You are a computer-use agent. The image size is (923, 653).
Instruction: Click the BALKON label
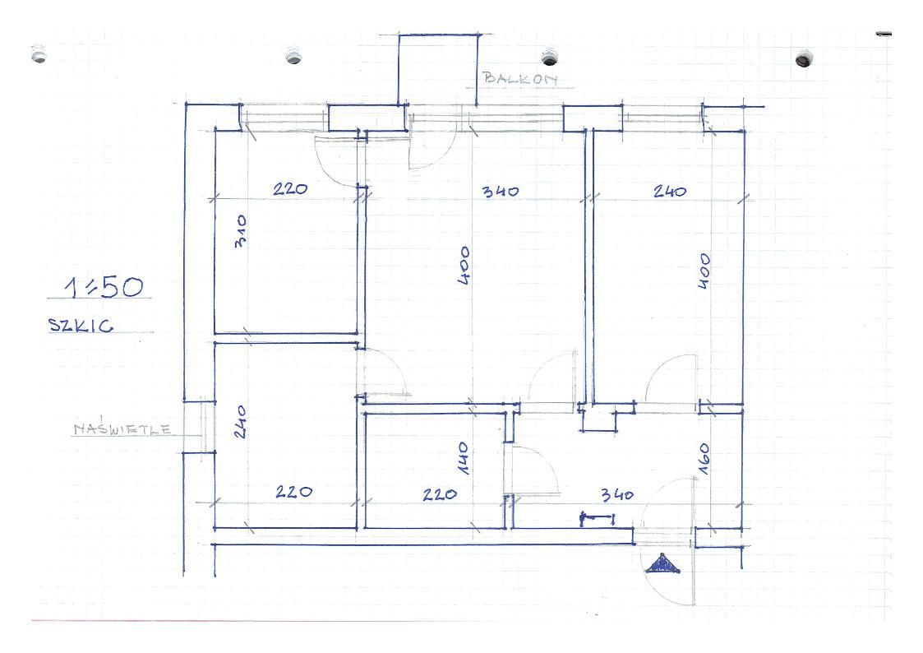tap(519, 79)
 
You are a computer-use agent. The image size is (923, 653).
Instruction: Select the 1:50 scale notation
tap(104, 287)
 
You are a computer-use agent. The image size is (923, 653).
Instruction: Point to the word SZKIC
tap(81, 326)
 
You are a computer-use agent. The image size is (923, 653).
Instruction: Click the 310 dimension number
tap(240, 231)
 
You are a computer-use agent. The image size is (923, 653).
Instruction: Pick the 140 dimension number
tap(463, 459)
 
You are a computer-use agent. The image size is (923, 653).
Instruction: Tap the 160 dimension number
tap(704, 459)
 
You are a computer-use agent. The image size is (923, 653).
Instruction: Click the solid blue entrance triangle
tap(662, 564)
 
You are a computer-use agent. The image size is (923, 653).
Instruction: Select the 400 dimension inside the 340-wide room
tap(464, 266)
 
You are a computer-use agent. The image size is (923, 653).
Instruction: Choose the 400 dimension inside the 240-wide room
tap(704, 271)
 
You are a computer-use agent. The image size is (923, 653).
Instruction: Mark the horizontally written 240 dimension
tap(670, 192)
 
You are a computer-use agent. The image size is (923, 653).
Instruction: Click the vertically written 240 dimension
tap(240, 422)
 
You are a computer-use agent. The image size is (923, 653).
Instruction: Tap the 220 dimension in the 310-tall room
tap(290, 189)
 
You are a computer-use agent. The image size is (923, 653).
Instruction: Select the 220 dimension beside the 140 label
tap(440, 494)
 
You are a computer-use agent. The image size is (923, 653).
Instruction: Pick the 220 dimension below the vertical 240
tap(293, 492)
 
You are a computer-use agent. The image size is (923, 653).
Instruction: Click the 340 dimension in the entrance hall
tap(617, 494)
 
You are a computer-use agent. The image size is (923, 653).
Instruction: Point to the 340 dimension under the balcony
tap(501, 192)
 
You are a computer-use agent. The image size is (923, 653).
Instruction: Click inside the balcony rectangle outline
tap(438, 69)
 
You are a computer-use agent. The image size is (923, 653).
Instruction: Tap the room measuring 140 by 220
tap(435, 470)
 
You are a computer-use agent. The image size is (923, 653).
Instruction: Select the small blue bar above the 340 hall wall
tap(598, 519)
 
